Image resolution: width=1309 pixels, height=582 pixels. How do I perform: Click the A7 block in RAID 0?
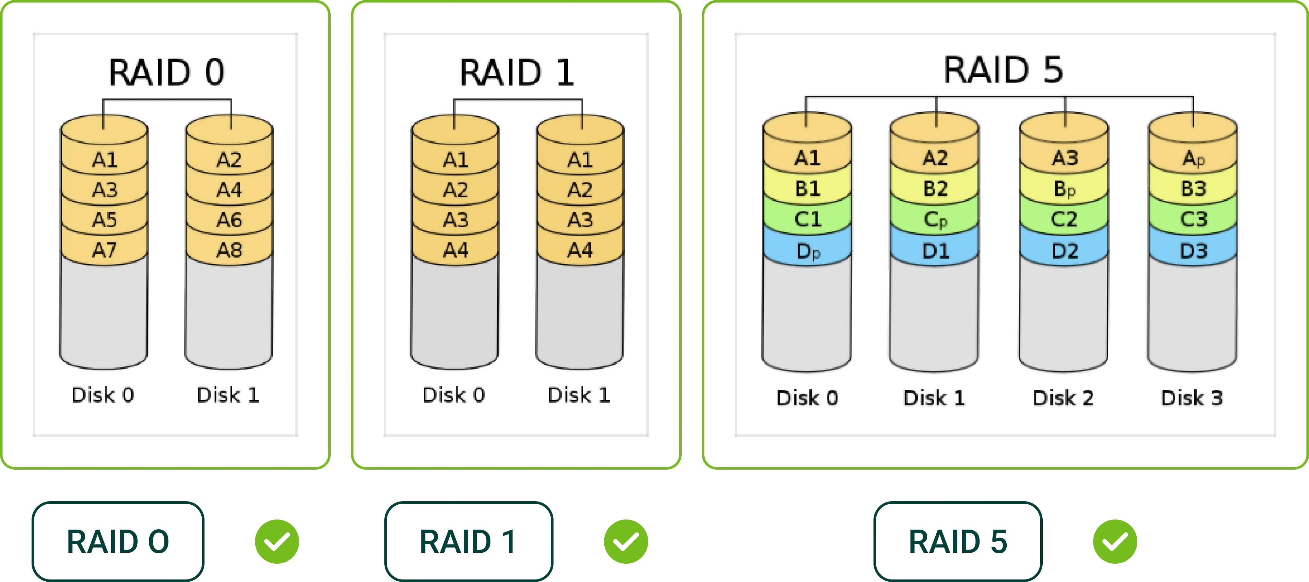tap(104, 250)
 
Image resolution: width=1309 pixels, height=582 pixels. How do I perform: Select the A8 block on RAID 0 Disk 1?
tap(229, 250)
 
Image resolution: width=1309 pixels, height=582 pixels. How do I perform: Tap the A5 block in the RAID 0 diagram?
tap(104, 220)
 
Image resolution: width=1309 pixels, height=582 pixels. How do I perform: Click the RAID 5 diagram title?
tap(1003, 70)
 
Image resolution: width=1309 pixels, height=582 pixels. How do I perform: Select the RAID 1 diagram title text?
tap(517, 72)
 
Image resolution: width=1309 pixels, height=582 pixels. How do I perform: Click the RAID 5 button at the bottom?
tap(958, 541)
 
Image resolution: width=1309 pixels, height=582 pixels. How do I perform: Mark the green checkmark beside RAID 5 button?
tap(1115, 541)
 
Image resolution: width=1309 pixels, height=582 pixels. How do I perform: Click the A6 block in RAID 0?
tap(229, 220)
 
